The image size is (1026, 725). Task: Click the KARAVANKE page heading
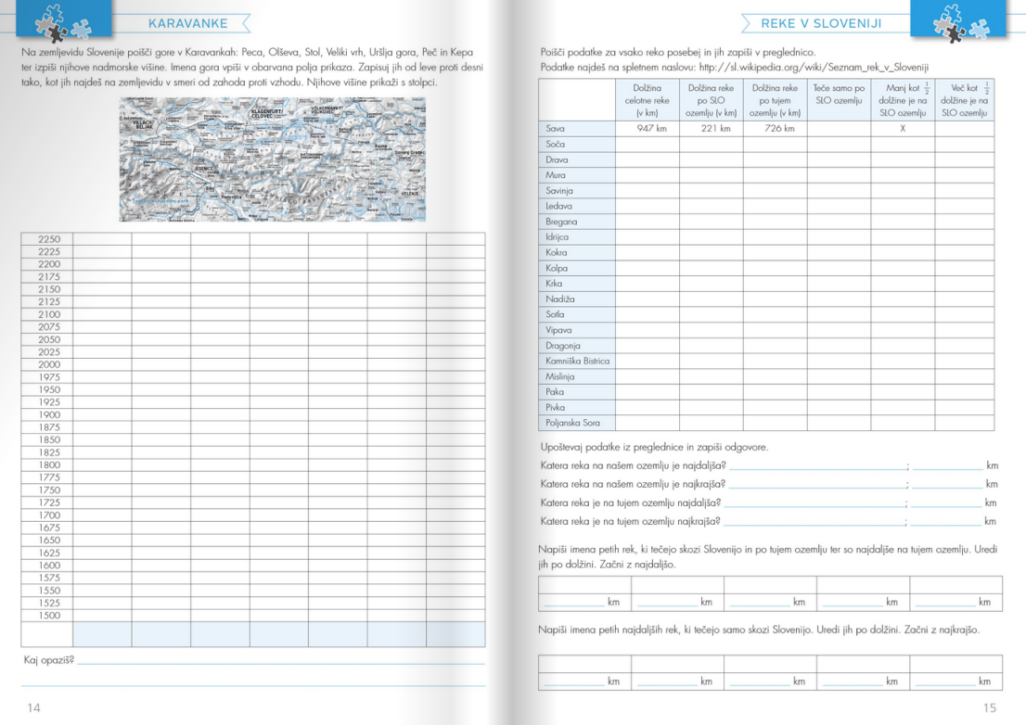click(x=188, y=23)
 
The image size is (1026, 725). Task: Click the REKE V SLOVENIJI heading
click(x=820, y=23)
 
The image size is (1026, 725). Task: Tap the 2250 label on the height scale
click(x=49, y=239)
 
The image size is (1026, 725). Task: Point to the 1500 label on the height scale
click(x=49, y=616)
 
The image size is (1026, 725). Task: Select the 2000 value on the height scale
click(x=49, y=364)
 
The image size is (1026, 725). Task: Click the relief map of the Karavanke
click(x=272, y=159)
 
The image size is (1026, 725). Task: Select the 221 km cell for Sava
click(x=711, y=129)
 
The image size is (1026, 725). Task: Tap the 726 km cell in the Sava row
click(x=775, y=129)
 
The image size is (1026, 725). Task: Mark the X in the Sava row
click(x=902, y=129)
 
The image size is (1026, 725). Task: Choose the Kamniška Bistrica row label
click(x=577, y=361)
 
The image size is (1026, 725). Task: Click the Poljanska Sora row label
click(x=572, y=423)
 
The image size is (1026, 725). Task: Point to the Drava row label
click(x=558, y=159)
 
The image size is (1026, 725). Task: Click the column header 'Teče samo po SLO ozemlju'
click(x=838, y=94)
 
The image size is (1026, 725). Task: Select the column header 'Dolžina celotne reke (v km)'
click(x=647, y=100)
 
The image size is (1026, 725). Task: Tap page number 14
click(x=33, y=707)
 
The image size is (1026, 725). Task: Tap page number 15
click(x=990, y=707)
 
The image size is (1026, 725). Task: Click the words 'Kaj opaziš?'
click(x=48, y=660)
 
